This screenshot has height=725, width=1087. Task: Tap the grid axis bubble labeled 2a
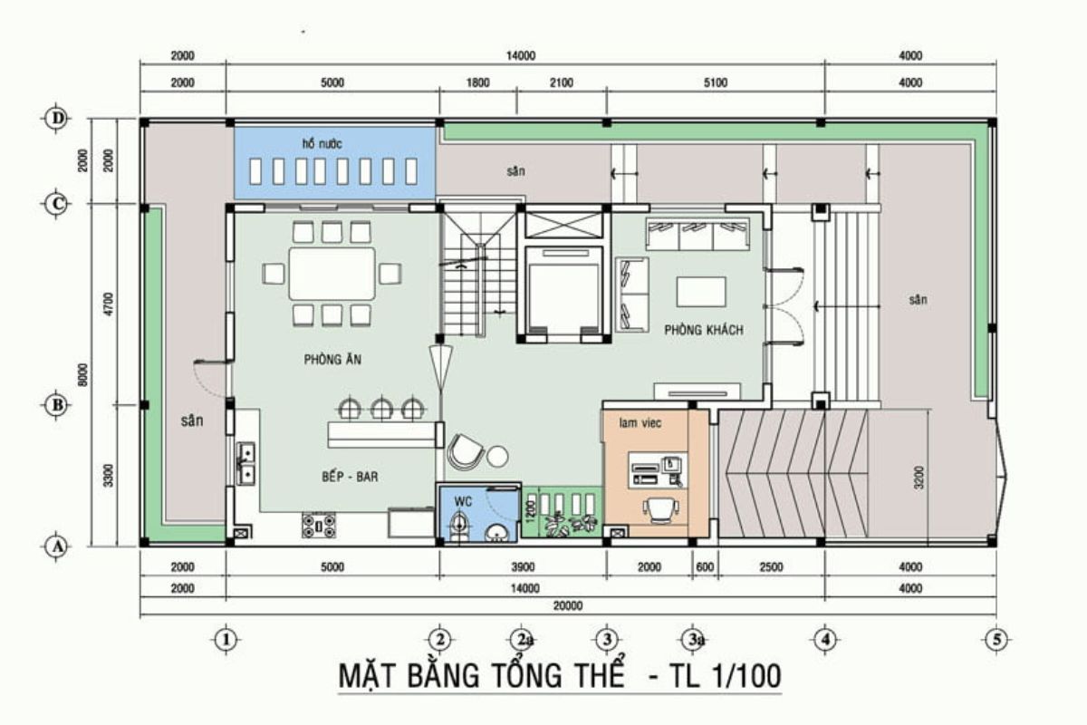522,639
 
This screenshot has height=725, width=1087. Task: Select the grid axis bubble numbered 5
996,639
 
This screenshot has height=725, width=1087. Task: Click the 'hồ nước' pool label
322,144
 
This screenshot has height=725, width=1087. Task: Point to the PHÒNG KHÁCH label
703,330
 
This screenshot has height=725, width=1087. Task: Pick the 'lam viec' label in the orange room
637,422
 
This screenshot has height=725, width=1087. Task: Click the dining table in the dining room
332,273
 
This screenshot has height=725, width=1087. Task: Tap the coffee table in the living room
701,292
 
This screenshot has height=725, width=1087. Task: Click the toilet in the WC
460,525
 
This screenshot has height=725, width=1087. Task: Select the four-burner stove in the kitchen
318,525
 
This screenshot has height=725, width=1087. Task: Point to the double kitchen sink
245,463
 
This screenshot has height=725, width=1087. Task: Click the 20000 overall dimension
568,606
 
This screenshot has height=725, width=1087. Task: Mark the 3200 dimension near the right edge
921,478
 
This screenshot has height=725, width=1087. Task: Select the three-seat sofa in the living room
697,234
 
